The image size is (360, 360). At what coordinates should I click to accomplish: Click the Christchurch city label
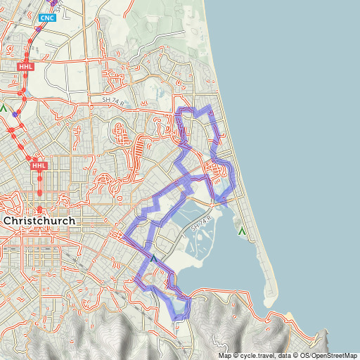(x=39, y=221)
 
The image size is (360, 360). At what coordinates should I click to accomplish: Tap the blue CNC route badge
(x=47, y=18)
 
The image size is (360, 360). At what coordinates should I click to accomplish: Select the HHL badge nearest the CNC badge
(x=25, y=65)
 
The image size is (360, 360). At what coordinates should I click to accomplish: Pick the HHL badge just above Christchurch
(x=39, y=166)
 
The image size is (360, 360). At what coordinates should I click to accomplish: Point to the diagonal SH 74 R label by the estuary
(x=203, y=226)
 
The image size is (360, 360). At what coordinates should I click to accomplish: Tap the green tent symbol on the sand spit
(x=243, y=231)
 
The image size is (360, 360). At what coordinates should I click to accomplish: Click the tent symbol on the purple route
(x=153, y=259)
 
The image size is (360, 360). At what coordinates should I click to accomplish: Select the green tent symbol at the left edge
(x=4, y=109)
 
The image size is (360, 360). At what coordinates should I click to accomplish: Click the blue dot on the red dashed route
(x=15, y=114)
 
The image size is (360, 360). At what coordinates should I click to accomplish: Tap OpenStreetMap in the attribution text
(x=334, y=355)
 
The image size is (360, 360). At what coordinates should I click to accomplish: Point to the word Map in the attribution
(x=225, y=355)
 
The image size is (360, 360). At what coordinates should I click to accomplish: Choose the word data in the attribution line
(x=287, y=355)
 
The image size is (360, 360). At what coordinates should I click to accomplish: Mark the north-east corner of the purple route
(x=209, y=107)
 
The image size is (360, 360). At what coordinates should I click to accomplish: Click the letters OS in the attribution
(x=304, y=355)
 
